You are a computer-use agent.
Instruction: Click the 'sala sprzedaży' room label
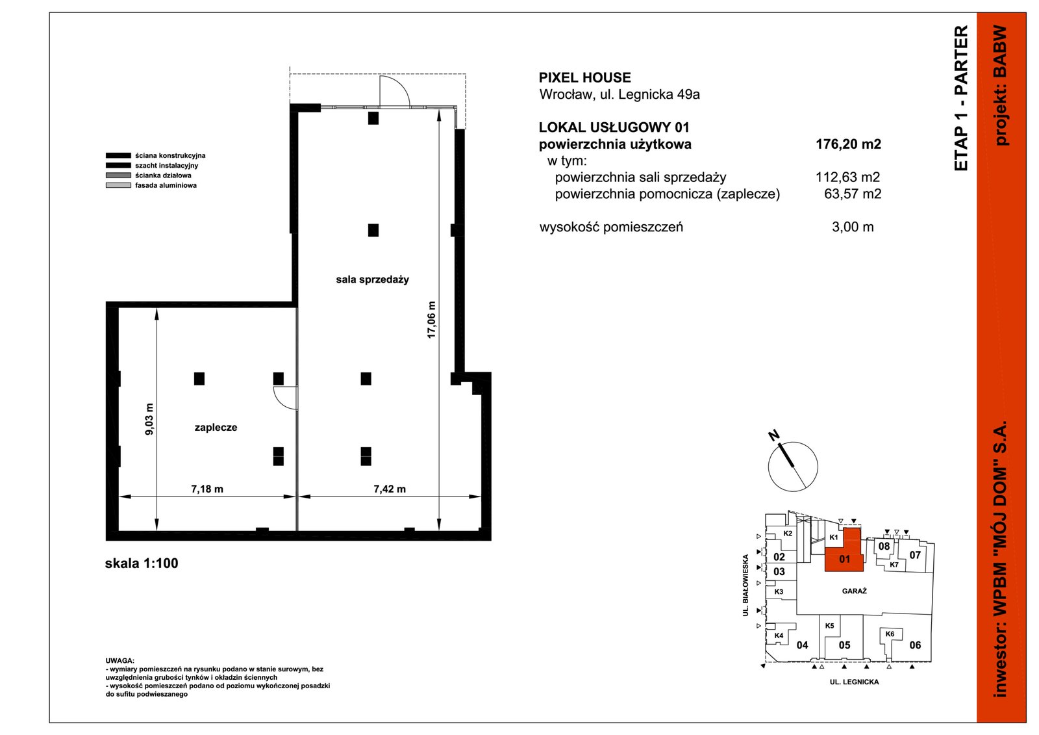(373, 279)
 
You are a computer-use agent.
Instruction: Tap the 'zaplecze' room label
(216, 428)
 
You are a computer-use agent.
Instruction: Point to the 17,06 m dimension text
(431, 320)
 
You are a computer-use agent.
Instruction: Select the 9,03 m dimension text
(149, 419)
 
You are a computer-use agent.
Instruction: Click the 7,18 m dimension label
(207, 489)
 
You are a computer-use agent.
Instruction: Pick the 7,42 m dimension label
(390, 489)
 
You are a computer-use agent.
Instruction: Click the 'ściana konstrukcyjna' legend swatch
(118, 155)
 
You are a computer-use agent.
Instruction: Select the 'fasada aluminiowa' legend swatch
(118, 185)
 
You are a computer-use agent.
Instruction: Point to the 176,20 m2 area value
(848, 144)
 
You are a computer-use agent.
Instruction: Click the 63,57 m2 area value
(853, 194)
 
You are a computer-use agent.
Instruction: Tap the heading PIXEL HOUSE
(585, 77)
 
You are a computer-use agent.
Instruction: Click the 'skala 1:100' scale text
(142, 563)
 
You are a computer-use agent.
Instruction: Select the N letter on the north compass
(773, 435)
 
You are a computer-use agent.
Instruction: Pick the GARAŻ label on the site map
(855, 591)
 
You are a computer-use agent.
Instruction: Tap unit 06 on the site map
(915, 645)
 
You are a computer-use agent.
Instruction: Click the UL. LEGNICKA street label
(855, 682)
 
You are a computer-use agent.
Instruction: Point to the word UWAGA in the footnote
(119, 661)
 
